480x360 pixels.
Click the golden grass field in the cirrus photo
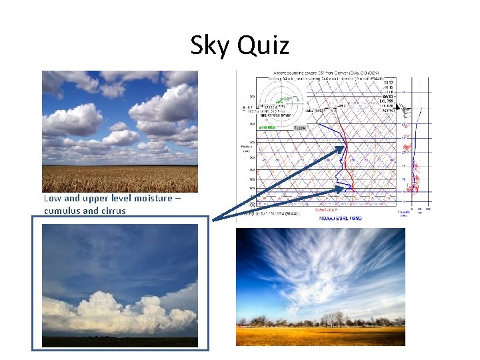coord(320,335)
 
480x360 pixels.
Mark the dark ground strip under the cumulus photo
coord(120,341)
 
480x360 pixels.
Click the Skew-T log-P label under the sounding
coord(339,209)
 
